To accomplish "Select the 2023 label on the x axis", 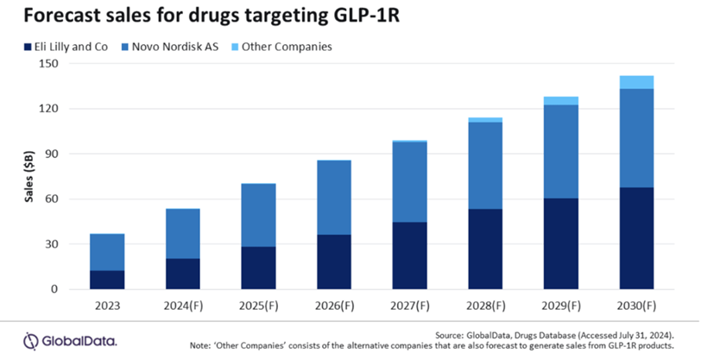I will (107, 306).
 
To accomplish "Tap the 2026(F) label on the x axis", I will (333, 306).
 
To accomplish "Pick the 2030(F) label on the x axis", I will (635, 306).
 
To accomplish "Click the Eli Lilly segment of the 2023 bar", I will (107, 280).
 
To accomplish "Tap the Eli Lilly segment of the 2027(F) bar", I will (408, 256).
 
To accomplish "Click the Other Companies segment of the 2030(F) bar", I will (635, 82).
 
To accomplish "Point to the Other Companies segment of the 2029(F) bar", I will (559, 101).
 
